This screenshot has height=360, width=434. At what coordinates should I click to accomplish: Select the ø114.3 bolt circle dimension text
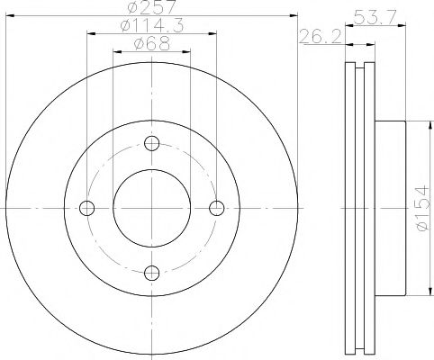tap(149, 27)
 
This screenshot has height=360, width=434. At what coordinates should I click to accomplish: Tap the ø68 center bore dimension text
tap(149, 45)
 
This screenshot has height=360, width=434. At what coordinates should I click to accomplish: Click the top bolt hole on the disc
tap(151, 143)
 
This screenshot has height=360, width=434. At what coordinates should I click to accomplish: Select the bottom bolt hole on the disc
tap(151, 272)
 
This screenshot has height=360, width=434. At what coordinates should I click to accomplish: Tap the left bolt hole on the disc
tap(87, 208)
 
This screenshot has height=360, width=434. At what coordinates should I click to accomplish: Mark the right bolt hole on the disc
tap(215, 208)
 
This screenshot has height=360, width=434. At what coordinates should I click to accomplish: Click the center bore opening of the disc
tap(151, 208)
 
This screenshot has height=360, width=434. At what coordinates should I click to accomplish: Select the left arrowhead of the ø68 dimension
tap(116, 52)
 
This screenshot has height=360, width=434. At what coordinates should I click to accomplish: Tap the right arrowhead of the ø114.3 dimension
tap(212, 35)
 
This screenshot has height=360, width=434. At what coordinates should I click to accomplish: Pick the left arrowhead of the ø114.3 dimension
tap(90, 35)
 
